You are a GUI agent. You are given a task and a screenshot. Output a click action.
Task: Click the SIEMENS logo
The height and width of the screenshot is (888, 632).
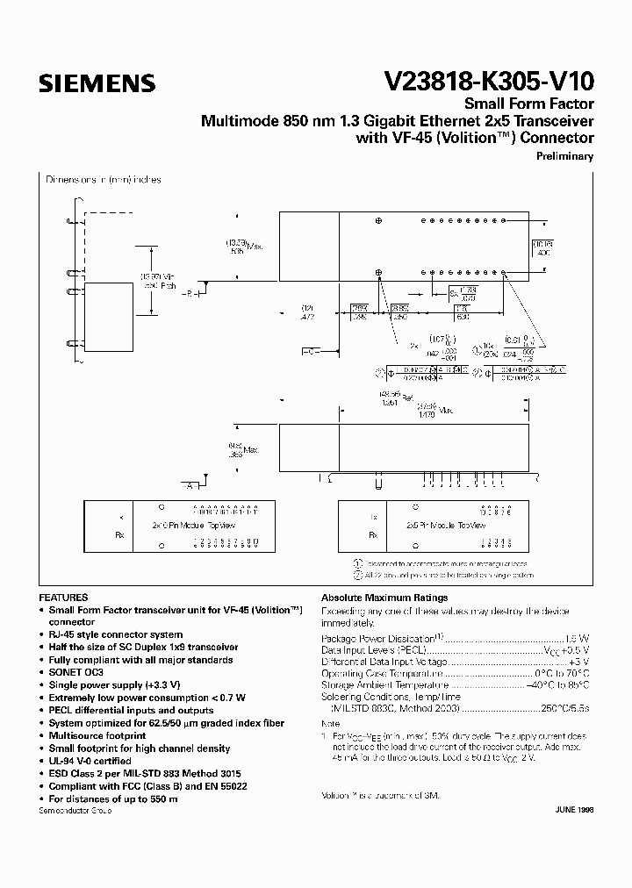[x=97, y=84]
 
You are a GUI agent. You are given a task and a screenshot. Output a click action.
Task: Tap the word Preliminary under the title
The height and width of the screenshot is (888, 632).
[x=564, y=156]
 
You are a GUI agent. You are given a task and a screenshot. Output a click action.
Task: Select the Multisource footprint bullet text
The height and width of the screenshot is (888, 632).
[x=97, y=735]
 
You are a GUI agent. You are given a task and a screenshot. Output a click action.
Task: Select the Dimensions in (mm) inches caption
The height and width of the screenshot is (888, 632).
[x=104, y=180]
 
